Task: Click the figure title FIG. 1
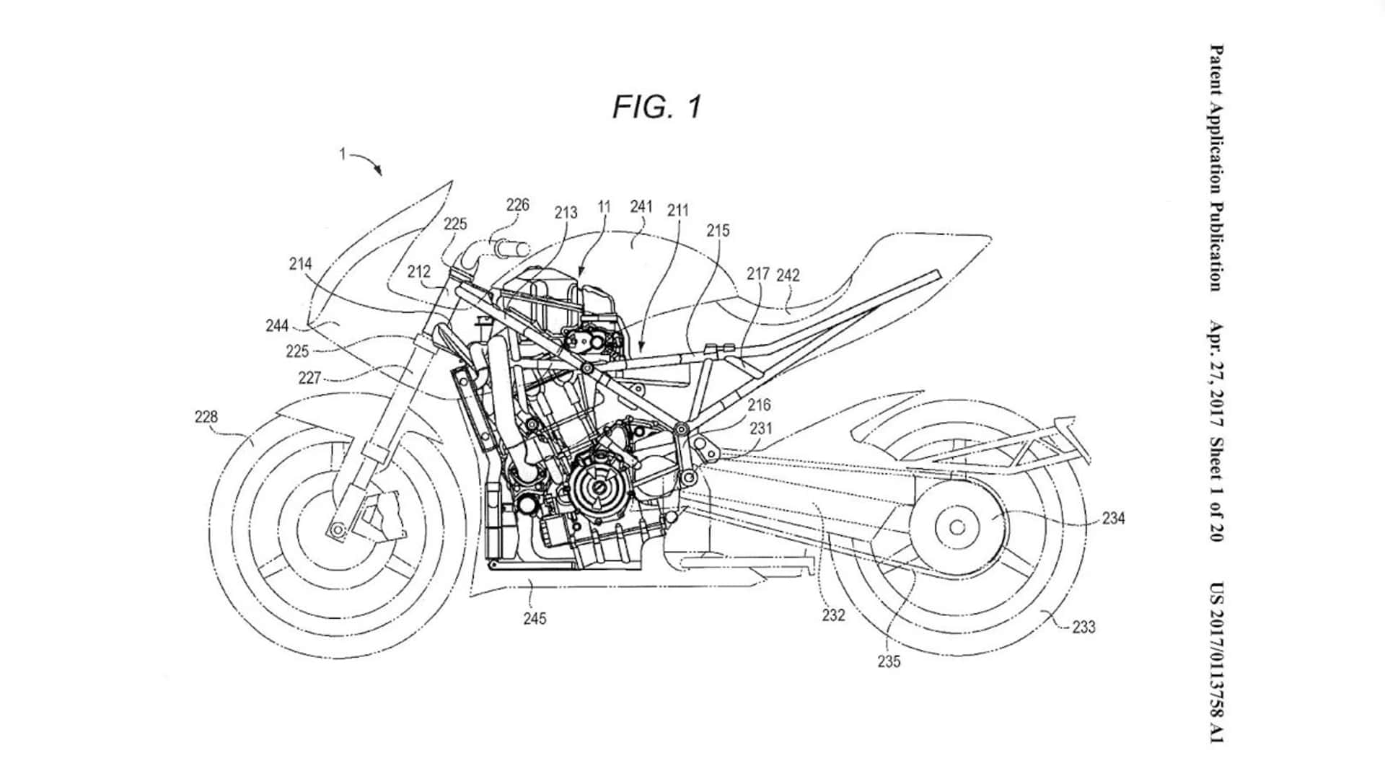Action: [656, 107]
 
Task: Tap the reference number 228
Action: [206, 417]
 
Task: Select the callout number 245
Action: [535, 618]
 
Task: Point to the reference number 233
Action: [1083, 628]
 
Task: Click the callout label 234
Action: [1113, 518]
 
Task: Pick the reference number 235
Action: [889, 661]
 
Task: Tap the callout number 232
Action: [833, 615]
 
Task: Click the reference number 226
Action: [517, 205]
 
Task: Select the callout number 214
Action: [300, 264]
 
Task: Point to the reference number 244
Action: [277, 326]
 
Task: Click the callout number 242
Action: [788, 275]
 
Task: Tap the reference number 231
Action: [761, 428]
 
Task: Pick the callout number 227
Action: [309, 378]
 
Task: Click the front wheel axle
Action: [336, 531]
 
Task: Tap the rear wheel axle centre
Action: [957, 527]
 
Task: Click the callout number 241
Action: [641, 207]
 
